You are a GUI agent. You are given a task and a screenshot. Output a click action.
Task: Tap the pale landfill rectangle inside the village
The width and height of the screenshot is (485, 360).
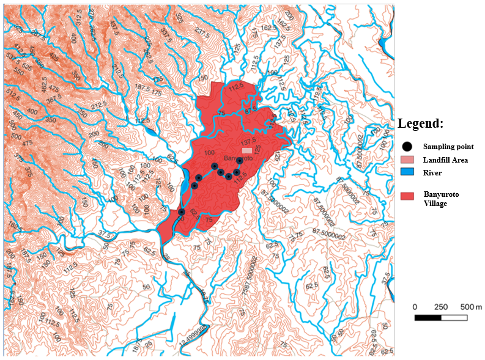tap(246, 150)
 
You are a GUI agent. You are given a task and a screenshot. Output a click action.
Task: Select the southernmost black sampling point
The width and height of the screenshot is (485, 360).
tap(182, 212)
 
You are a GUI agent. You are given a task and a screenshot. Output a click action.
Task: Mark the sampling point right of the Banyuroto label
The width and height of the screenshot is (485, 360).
tap(239, 161)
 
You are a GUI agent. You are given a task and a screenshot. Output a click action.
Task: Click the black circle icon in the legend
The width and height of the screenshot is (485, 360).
tap(407, 147)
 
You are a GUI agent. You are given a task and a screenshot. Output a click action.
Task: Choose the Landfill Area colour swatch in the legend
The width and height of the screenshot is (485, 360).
tap(407, 160)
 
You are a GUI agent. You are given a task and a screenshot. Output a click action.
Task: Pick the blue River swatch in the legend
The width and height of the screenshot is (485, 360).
tap(407, 173)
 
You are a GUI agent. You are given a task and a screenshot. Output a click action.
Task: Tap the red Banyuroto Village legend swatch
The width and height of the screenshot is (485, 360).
tap(407, 196)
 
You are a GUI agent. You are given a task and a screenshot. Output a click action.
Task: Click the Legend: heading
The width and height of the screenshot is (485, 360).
tap(420, 123)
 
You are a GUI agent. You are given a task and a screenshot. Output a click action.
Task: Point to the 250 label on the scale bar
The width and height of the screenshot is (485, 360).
tap(440, 306)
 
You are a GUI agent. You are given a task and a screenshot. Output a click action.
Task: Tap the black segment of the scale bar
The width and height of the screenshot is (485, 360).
tap(428, 318)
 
